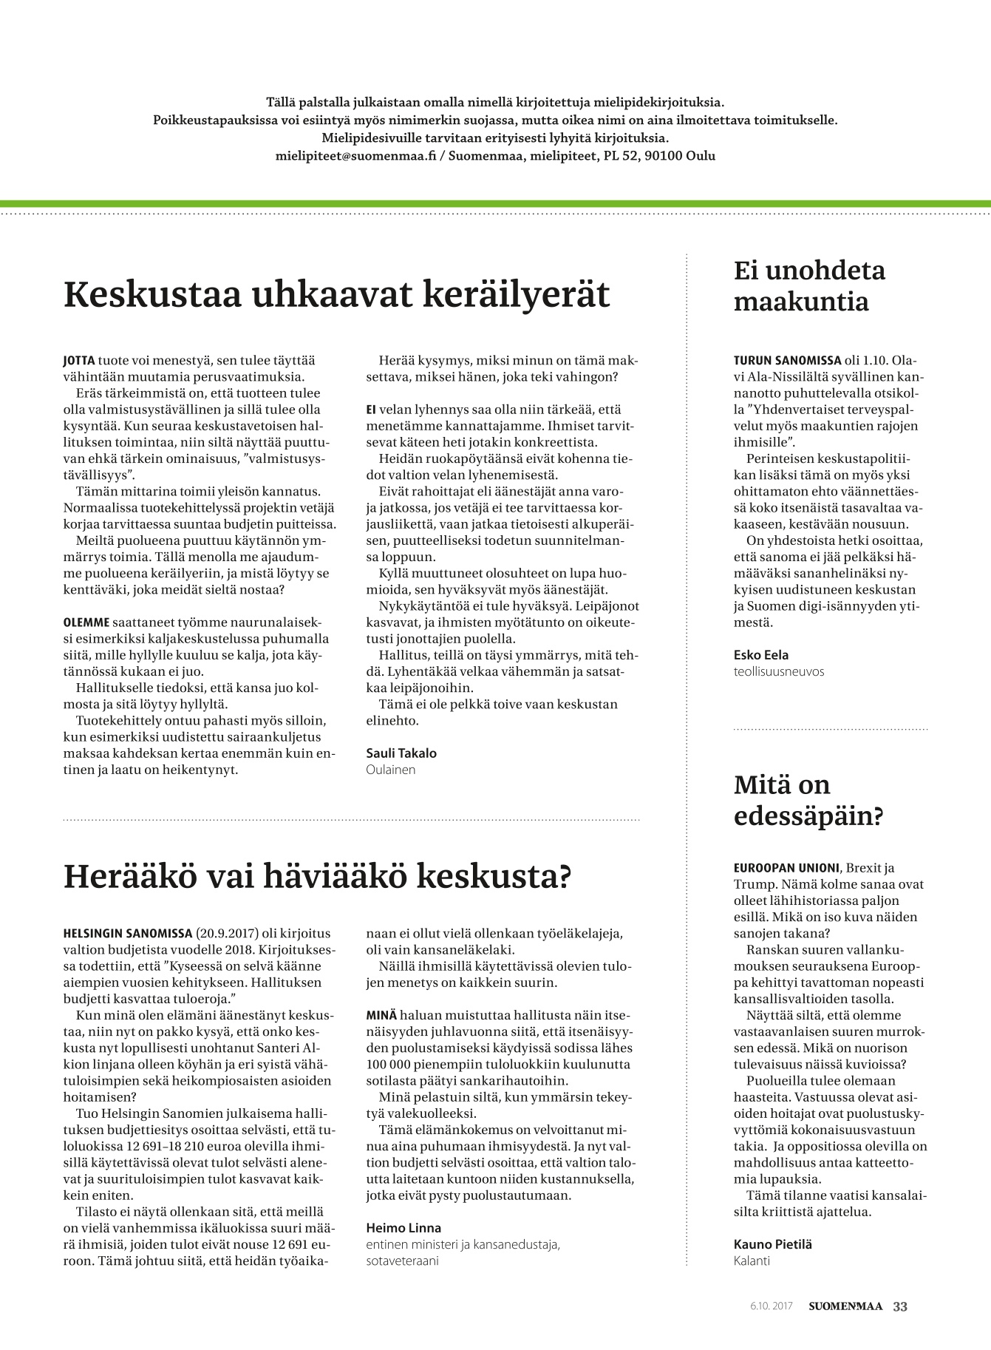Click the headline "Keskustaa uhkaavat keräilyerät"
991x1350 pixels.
pyautogui.click(x=337, y=294)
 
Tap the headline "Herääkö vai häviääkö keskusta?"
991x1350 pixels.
pyautogui.click(x=318, y=876)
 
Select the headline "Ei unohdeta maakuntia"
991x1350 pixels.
pyautogui.click(x=808, y=286)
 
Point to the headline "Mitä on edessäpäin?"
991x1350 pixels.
pyautogui.click(x=808, y=801)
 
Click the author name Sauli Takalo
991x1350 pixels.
pyautogui.click(x=401, y=753)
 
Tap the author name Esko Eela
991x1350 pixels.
pyautogui.click(x=760, y=655)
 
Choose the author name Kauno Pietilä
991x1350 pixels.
pyautogui.click(x=772, y=1244)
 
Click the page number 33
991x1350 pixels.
pyautogui.click(x=900, y=1306)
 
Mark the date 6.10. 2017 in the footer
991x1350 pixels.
pyautogui.click(x=771, y=1306)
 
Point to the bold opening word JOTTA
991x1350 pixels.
pyautogui.click(x=79, y=361)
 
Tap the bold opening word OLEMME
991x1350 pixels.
pyautogui.click(x=86, y=623)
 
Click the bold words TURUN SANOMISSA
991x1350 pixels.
pyautogui.click(x=787, y=361)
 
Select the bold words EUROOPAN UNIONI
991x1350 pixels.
pyautogui.click(x=786, y=868)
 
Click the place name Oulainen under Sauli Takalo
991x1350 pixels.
pyautogui.click(x=391, y=770)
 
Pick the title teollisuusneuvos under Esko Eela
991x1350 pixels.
pyautogui.click(x=779, y=671)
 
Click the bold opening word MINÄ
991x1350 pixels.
pyautogui.click(x=381, y=1015)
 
